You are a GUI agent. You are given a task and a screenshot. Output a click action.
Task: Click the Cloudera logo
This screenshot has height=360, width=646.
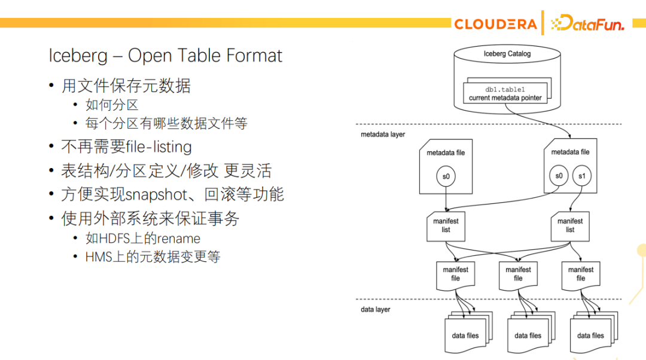coord(495,24)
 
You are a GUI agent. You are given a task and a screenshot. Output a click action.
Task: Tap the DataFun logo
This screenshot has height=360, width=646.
coord(587,24)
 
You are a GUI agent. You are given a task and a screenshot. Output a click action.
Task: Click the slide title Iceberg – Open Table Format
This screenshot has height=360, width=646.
coord(165,56)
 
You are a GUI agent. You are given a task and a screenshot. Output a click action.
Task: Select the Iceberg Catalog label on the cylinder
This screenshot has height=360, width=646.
coord(507,54)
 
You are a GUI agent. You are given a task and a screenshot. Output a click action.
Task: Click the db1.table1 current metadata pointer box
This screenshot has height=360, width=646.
coord(505,94)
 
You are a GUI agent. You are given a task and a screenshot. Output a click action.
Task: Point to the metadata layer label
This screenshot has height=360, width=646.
coord(383,135)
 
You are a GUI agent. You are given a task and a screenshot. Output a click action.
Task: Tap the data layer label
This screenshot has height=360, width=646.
coord(376,309)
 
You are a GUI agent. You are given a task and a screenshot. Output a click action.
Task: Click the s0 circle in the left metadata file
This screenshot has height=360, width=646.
coord(446,176)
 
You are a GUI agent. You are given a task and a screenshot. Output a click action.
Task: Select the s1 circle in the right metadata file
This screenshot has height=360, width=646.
coord(581,176)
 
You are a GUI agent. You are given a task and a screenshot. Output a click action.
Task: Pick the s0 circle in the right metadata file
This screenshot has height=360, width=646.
coord(559,176)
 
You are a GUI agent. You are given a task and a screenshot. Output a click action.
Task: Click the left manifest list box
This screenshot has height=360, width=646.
coord(446,225)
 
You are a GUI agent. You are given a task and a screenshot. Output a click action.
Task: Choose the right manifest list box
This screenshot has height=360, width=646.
coord(569,225)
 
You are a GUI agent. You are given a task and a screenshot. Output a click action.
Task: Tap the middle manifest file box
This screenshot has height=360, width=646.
coord(518,274)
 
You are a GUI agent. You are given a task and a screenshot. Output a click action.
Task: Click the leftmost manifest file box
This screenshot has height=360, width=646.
coord(455,274)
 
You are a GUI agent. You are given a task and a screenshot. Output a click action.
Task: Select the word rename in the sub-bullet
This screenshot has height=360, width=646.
coord(178,239)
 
